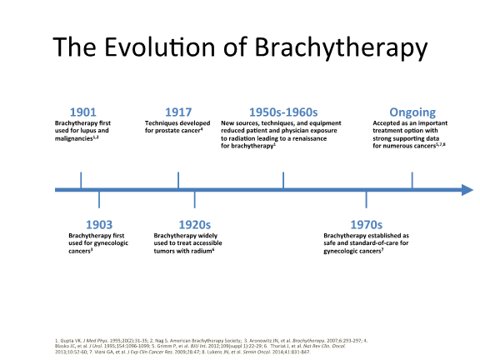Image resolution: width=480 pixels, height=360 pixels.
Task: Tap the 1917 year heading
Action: [x=178, y=112]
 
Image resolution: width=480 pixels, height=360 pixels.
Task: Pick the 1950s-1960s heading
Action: [x=283, y=112]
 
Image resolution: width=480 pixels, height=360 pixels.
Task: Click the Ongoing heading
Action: [x=412, y=112]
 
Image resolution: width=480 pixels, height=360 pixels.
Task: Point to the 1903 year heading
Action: [x=99, y=225]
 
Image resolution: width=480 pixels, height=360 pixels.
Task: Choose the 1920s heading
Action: [x=195, y=225]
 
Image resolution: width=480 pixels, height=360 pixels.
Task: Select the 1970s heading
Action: [x=366, y=225]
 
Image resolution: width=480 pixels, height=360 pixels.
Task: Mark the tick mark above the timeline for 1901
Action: [x=81, y=180]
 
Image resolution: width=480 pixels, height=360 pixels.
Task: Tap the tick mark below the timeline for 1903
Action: [x=99, y=200]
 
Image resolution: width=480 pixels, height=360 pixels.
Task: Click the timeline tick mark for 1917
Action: [x=178, y=180]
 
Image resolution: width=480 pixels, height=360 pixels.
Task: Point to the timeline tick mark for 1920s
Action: [x=195, y=200]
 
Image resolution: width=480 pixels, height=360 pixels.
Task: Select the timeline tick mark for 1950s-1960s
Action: [x=283, y=180]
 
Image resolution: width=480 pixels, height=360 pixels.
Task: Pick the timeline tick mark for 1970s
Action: [x=366, y=200]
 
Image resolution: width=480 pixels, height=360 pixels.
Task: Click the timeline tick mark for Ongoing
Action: [x=412, y=180]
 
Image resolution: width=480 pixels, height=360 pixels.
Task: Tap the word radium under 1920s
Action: [x=200, y=250]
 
